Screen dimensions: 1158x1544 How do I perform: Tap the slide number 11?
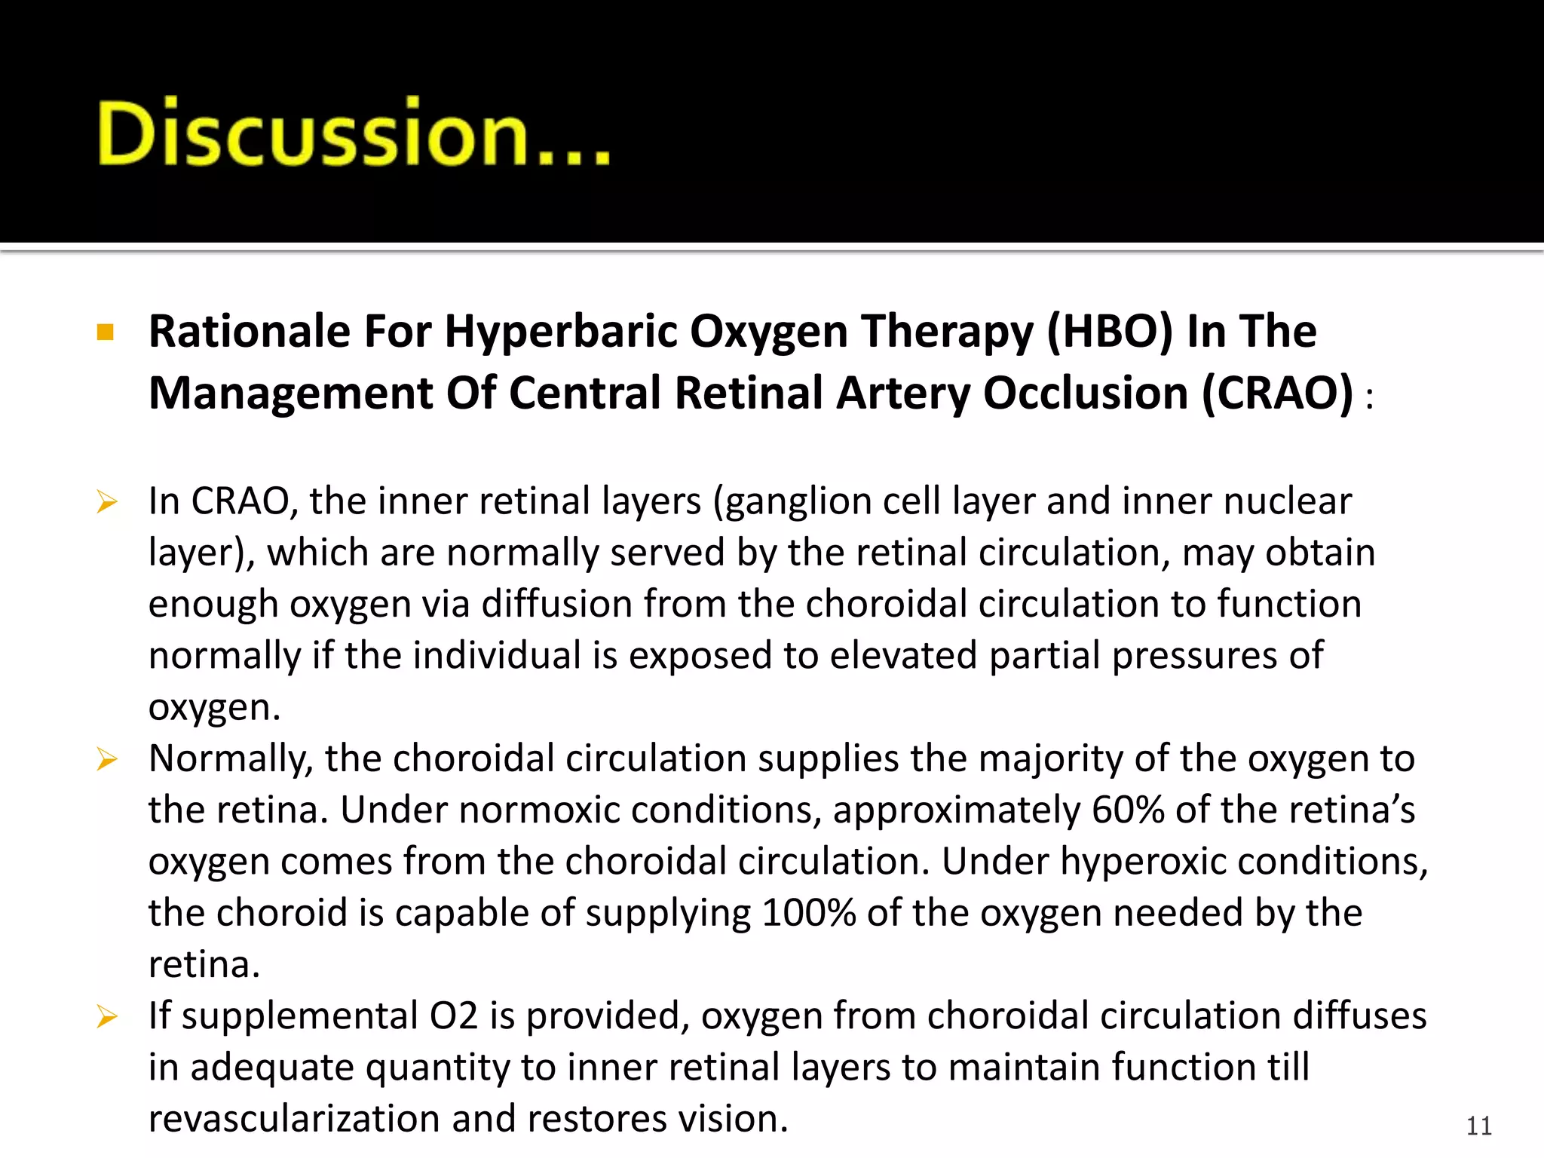[x=1478, y=1126]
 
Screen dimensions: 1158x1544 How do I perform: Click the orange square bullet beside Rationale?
[x=106, y=332]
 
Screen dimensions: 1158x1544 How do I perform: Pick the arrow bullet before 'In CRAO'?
[x=107, y=501]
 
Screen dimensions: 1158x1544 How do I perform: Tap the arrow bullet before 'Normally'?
[x=107, y=759]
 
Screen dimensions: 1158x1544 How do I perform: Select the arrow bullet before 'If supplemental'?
[x=107, y=1017]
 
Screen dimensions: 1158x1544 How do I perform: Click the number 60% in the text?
[x=1128, y=810]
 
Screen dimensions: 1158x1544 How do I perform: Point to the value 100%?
[x=807, y=913]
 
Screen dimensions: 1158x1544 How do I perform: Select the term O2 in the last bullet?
[x=454, y=1016]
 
